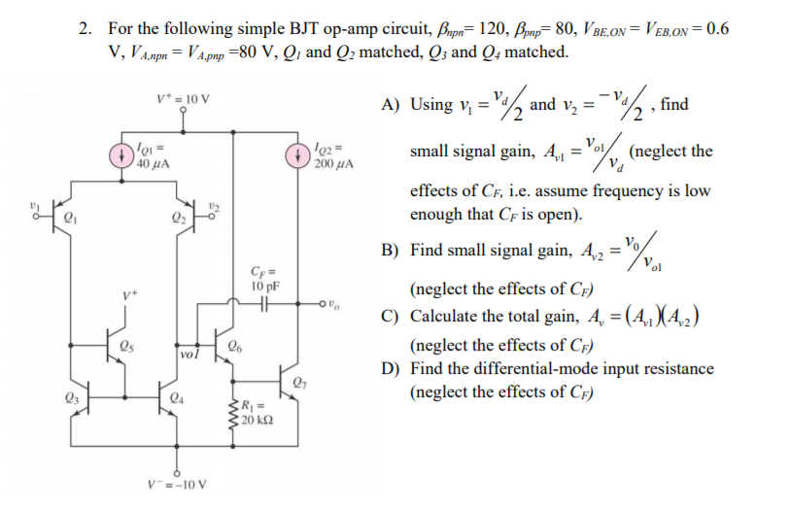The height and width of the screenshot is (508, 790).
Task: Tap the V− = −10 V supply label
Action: click(178, 483)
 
